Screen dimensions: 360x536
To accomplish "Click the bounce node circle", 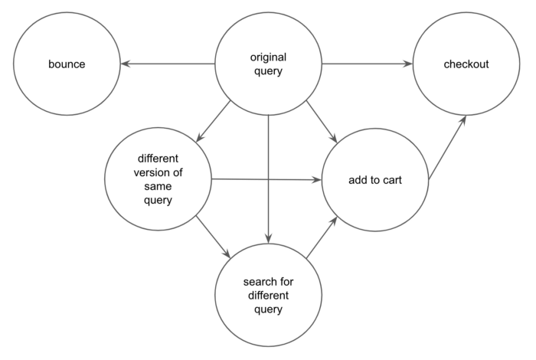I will (x=64, y=64).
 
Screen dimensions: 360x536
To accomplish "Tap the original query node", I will (x=268, y=64).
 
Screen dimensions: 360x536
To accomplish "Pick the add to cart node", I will (x=375, y=181).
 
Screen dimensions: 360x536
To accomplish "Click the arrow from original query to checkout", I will (x=368, y=64).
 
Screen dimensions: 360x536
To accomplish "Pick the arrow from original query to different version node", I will (x=214, y=121).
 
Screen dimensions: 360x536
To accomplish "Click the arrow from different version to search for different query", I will (x=213, y=237).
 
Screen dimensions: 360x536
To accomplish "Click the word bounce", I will (x=64, y=64).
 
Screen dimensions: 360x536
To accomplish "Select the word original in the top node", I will (x=268, y=57).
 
